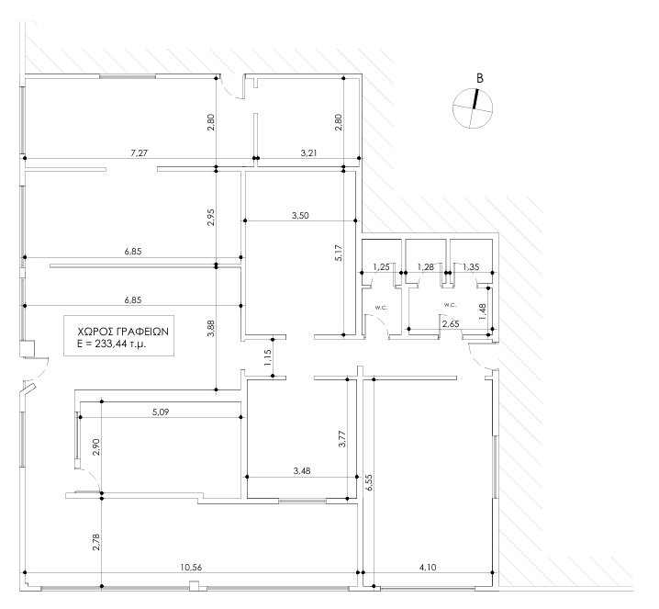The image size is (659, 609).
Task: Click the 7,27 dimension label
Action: coord(140,152)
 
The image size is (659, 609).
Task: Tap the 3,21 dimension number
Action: coord(308,152)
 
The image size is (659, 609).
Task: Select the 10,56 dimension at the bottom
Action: coord(191,567)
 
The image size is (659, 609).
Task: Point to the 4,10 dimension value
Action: coord(428,567)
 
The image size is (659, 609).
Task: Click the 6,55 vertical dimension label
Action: coord(369,482)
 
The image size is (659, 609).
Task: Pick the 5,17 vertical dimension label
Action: coord(339,253)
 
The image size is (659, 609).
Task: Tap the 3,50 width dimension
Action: coord(300,215)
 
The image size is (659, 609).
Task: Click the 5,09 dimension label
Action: coord(161,412)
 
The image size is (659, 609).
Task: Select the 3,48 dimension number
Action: coord(302,470)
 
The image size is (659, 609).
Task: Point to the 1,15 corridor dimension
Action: coord(268,357)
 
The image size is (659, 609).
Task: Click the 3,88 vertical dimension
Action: coord(211,328)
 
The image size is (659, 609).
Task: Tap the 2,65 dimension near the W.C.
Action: coord(451,324)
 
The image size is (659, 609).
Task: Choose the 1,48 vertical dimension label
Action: coord(483,311)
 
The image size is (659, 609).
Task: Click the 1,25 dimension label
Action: coord(381,266)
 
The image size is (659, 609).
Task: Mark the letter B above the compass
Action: coord(479,78)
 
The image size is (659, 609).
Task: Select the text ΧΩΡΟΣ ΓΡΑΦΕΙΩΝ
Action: coord(123,332)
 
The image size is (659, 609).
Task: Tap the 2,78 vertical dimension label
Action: coord(96,542)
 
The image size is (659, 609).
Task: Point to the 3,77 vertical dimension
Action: coord(342,438)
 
